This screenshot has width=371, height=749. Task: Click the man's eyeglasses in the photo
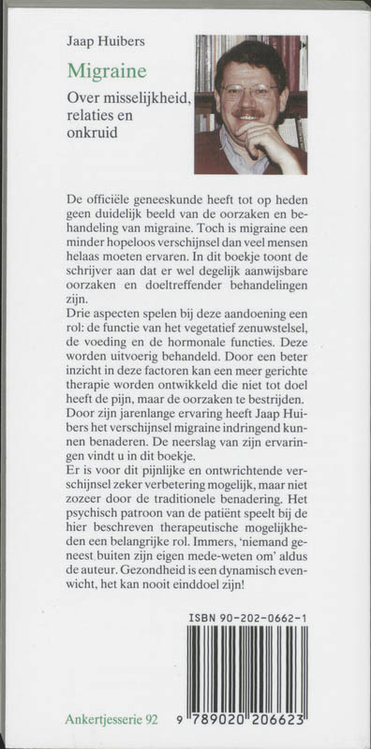[248, 92]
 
